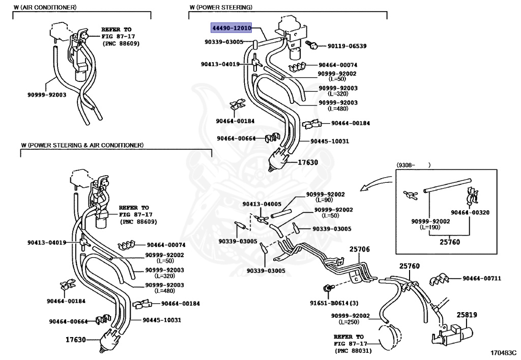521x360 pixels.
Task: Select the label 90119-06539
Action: click(344, 46)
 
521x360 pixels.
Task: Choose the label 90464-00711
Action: click(482, 279)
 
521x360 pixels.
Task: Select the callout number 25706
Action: click(359, 250)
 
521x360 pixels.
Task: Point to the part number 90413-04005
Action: click(262, 204)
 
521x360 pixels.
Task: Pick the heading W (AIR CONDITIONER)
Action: click(45, 7)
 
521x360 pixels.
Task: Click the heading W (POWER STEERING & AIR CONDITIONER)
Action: click(82, 145)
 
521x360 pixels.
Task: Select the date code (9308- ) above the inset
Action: click(413, 165)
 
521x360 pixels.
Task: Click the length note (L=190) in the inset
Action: click(430, 227)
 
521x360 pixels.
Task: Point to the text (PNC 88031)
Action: click(353, 351)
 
